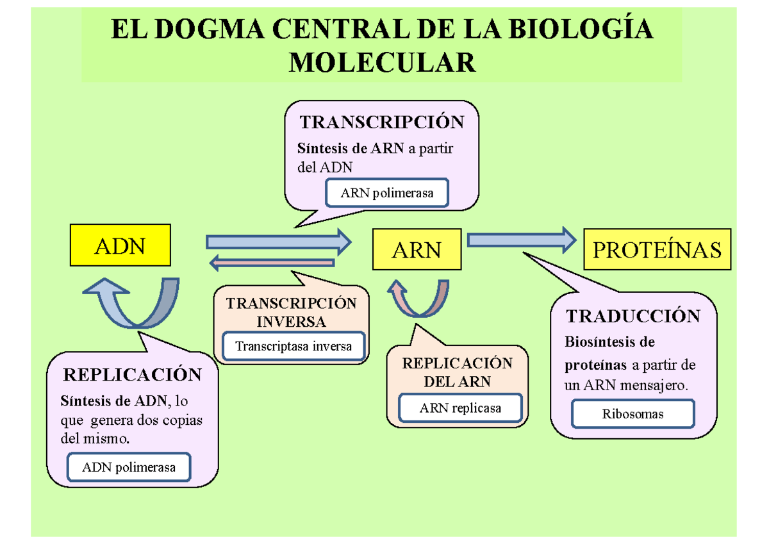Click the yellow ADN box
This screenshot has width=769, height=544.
120,245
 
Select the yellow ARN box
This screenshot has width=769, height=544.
417,250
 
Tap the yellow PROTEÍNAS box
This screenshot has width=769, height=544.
657,249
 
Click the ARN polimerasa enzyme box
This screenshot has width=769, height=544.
387,193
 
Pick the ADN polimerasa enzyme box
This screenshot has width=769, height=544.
129,467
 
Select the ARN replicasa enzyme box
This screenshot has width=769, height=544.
460,408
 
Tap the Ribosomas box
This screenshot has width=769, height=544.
633,414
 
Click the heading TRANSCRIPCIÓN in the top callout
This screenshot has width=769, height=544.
381,122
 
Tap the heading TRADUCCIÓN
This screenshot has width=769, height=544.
633,316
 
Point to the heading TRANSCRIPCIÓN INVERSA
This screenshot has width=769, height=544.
291,312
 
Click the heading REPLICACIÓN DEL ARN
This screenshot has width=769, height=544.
457,372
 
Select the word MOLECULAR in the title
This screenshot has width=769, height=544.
383,63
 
